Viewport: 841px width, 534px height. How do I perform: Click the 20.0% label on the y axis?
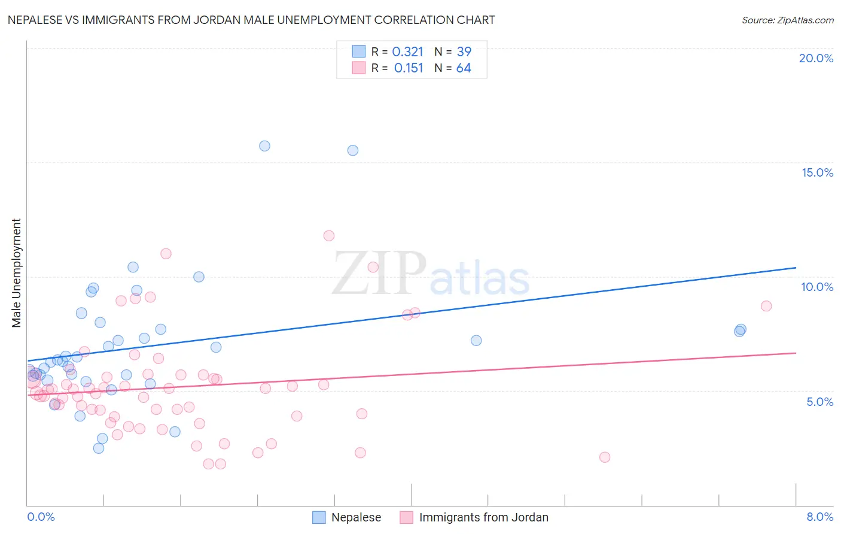pos(816,58)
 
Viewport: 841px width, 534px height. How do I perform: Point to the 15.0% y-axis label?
pos(817,172)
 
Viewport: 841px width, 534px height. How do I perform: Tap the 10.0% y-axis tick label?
pos(817,287)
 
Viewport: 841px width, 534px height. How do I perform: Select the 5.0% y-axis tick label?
pos(819,402)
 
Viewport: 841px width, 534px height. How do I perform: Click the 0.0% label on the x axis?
pos(41,517)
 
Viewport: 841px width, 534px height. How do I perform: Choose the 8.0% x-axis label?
pos(819,517)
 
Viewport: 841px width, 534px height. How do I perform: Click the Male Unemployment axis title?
pos(16,273)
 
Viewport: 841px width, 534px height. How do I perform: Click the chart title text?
pos(251,20)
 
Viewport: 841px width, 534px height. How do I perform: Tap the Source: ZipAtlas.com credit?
pos(787,20)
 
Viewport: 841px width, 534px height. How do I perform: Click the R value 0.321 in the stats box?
pos(407,51)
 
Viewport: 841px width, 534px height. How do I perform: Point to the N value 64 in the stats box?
pos(464,68)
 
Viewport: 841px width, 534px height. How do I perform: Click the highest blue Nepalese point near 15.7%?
pos(264,146)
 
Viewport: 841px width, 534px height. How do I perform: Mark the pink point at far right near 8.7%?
pos(766,306)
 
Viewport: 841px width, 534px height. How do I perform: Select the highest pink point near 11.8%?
pos(328,236)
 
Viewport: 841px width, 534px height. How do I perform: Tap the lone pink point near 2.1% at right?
pos(605,457)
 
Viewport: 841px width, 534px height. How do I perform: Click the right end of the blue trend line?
pos(796,268)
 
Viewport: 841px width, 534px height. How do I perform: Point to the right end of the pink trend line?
pos(796,353)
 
